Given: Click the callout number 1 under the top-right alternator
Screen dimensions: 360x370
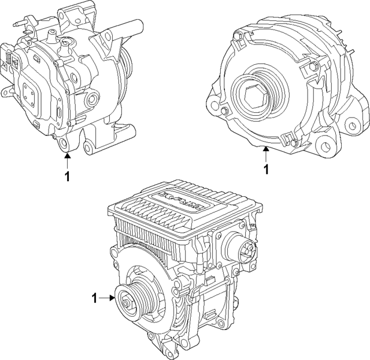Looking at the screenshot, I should (266, 170).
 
